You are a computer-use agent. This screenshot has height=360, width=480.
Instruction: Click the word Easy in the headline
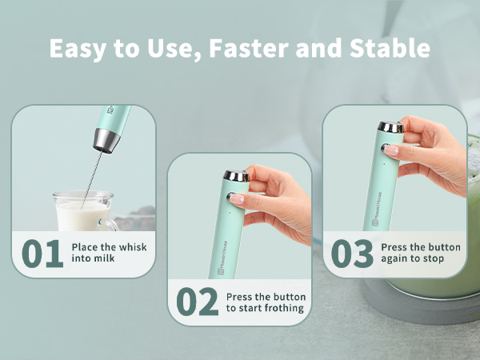78,48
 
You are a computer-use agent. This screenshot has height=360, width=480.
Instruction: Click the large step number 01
42,254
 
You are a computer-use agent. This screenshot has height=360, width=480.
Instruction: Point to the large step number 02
197,302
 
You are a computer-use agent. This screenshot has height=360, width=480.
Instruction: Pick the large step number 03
352,254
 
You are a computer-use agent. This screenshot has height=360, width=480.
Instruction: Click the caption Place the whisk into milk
109,254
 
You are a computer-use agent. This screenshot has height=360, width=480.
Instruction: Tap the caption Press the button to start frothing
266,302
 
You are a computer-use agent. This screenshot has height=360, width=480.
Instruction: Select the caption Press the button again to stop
421,254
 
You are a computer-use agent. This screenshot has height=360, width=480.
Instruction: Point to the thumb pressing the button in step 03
394,149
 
